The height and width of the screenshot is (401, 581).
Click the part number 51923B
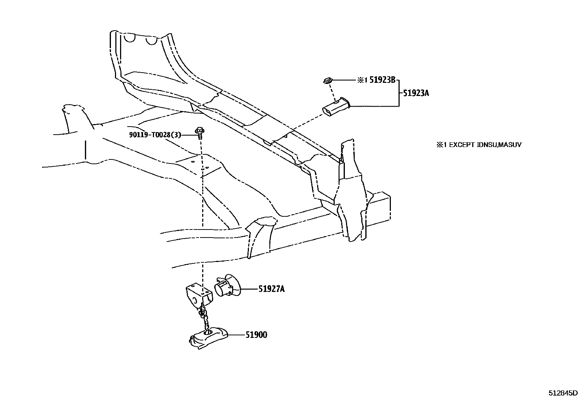(382, 80)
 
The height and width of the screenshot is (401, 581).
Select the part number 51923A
(416, 93)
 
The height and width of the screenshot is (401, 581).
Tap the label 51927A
(272, 289)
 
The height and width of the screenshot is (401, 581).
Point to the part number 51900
(256, 335)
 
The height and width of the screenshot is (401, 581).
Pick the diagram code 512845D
(563, 393)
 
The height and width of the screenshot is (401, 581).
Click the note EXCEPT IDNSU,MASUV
(478, 145)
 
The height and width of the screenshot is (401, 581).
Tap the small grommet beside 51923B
(327, 80)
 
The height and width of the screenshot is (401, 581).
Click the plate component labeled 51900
(208, 338)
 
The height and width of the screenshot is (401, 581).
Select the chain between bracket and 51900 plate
(204, 317)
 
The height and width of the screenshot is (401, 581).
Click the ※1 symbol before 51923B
(362, 81)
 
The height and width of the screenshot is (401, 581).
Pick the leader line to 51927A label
(249, 289)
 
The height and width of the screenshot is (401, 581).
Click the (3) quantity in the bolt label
(177, 135)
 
